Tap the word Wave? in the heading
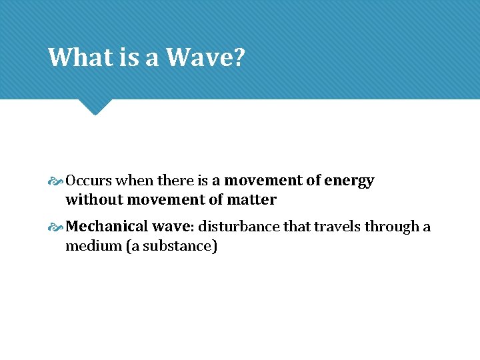[x=205, y=57]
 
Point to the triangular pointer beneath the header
[x=95, y=106]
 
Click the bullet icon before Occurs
[x=57, y=181]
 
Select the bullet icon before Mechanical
[x=57, y=227]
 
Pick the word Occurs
[x=89, y=181]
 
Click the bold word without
[x=94, y=199]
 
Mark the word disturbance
[x=239, y=227]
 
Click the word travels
[x=337, y=227]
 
